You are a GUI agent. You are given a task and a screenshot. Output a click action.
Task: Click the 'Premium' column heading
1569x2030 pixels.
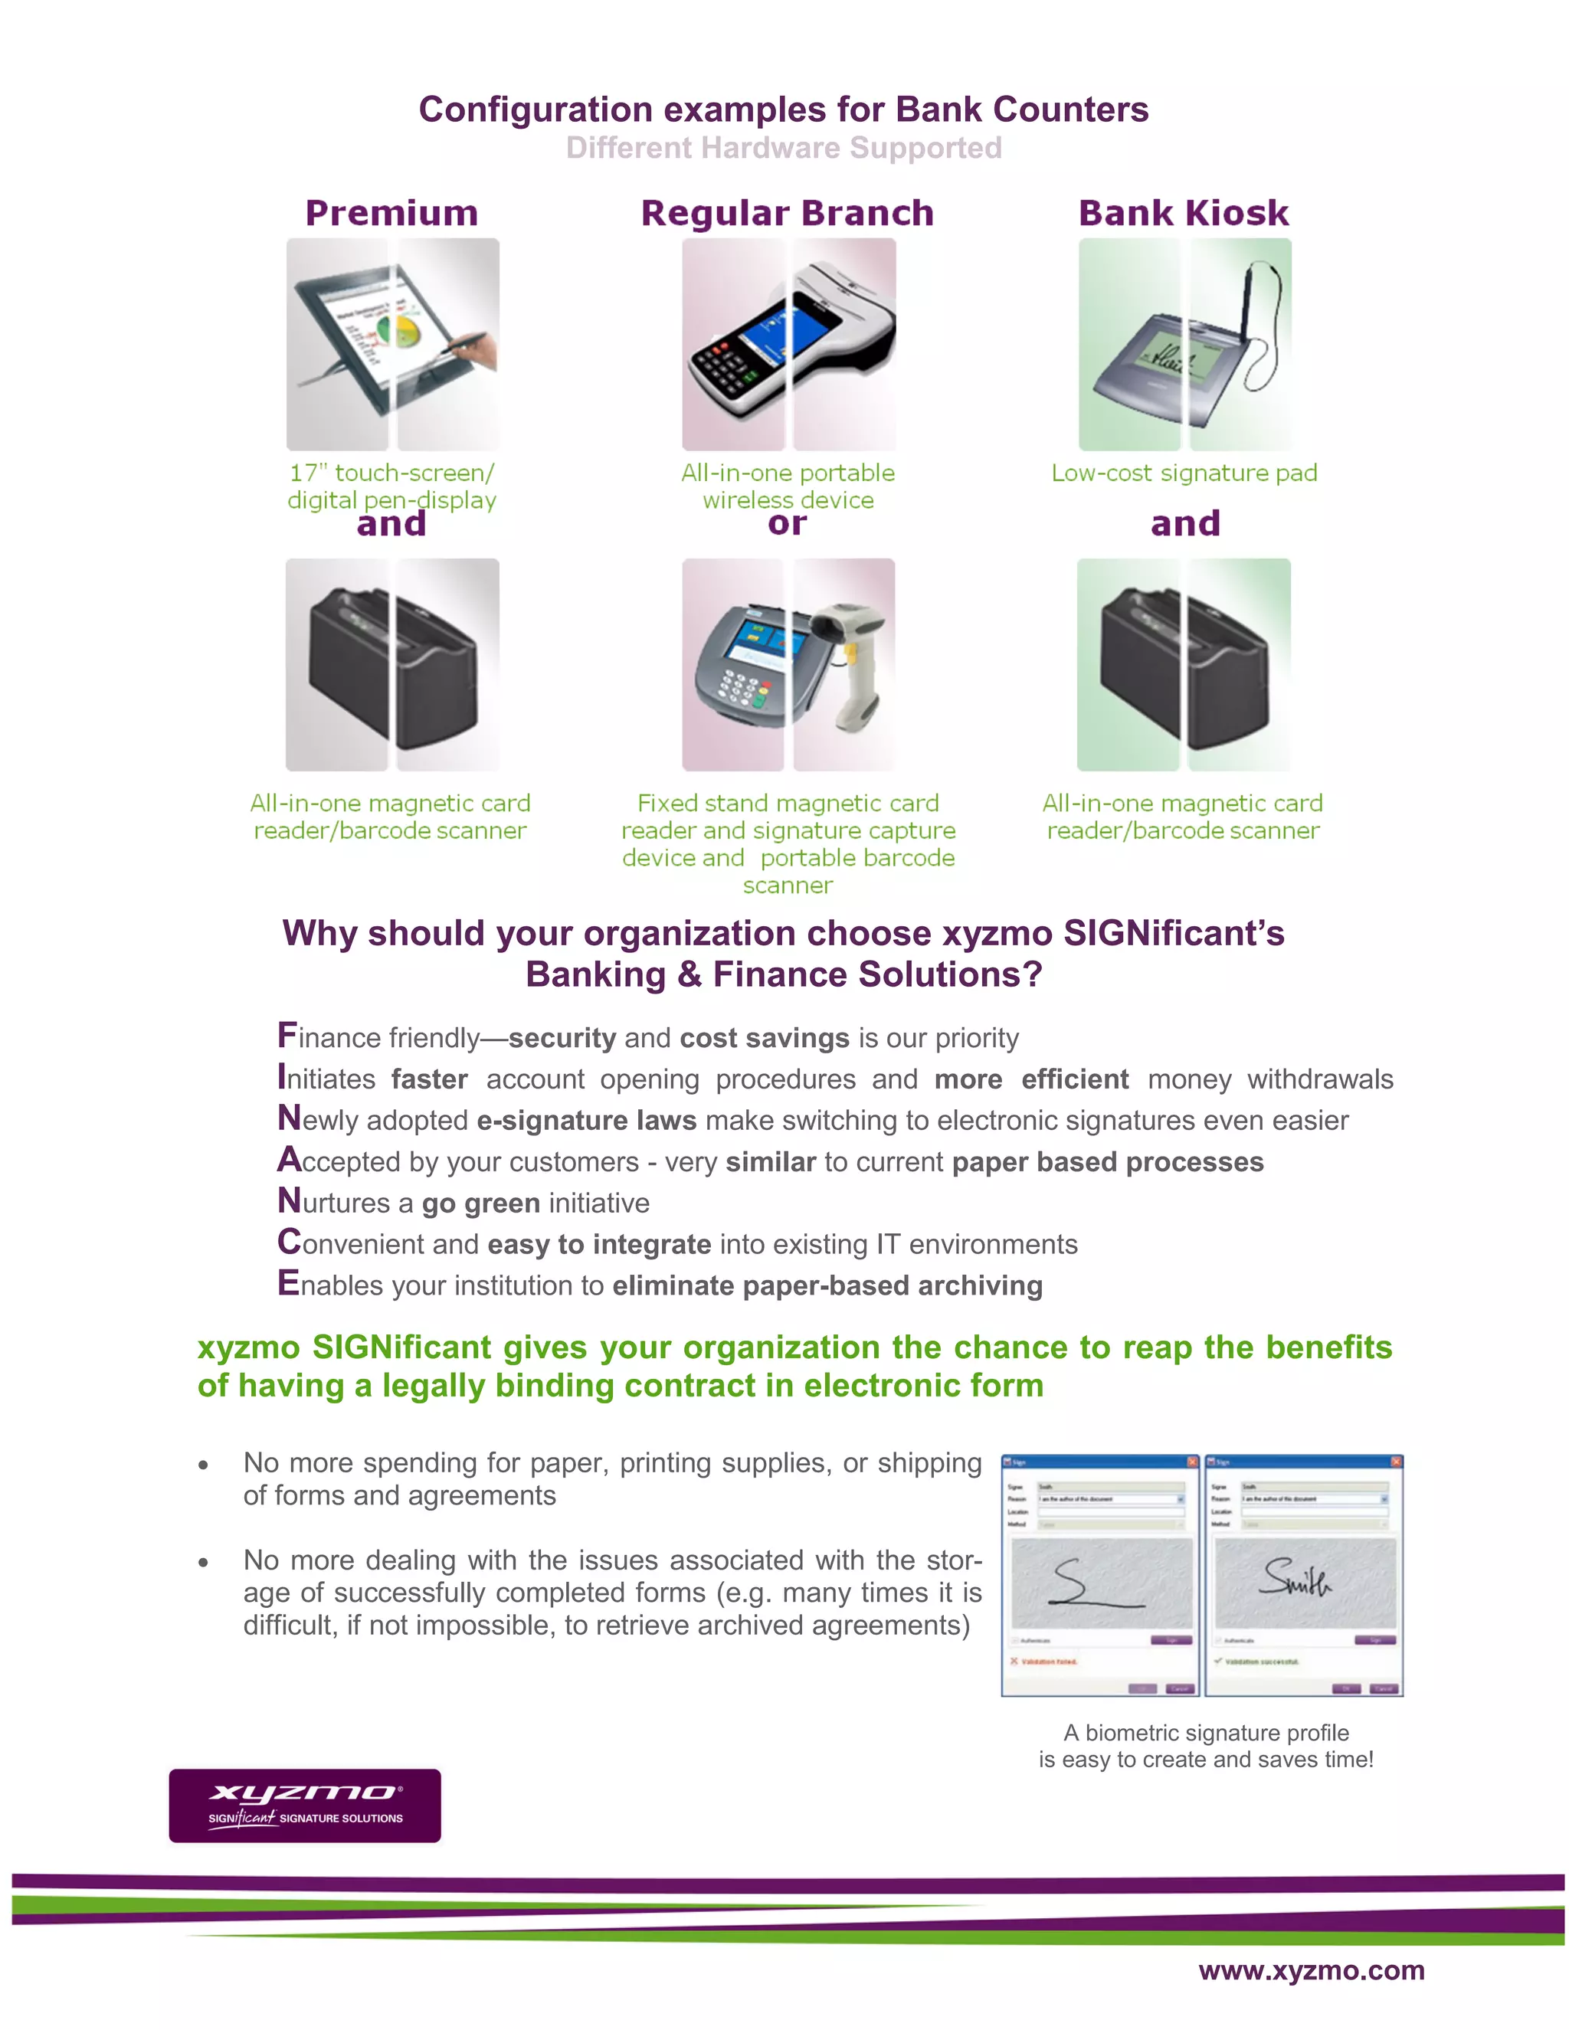(391, 213)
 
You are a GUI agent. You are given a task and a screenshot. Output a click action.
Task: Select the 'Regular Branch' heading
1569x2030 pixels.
(786, 213)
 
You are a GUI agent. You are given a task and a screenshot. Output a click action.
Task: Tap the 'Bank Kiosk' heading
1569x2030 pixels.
(1183, 213)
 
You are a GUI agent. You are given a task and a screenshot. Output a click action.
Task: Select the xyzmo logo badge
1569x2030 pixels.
(305, 1805)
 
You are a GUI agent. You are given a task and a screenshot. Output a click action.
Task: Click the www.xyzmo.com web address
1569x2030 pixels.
(1311, 1969)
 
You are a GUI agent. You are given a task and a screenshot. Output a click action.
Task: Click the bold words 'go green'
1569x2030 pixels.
(480, 1203)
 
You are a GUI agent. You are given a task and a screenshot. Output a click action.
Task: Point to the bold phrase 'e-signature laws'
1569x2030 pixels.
(587, 1121)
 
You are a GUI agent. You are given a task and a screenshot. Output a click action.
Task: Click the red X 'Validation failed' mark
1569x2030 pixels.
(1014, 1661)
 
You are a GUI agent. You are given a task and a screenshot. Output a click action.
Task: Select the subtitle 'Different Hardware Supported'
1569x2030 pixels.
(784, 148)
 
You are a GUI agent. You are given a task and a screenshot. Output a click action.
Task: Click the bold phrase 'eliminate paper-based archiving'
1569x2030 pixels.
(827, 1286)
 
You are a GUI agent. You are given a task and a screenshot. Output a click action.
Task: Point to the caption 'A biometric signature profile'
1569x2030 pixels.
(1206, 1733)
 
